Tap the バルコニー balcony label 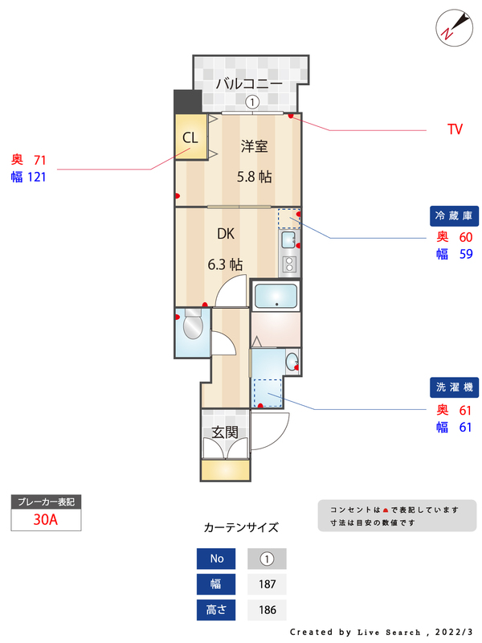click(x=249, y=84)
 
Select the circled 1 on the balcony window click(x=251, y=102)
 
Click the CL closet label click(x=190, y=137)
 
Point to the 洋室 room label click(x=255, y=146)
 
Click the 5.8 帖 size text click(x=254, y=177)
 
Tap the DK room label click(x=226, y=234)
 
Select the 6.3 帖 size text click(x=226, y=264)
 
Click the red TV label click(x=455, y=129)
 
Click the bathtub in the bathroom click(x=276, y=297)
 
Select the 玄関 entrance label click(x=225, y=432)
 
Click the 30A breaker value click(x=46, y=519)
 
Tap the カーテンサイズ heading click(x=241, y=527)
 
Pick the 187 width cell click(x=267, y=584)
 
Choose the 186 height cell click(x=267, y=610)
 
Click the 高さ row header click(x=217, y=610)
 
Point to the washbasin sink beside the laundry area click(x=292, y=358)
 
